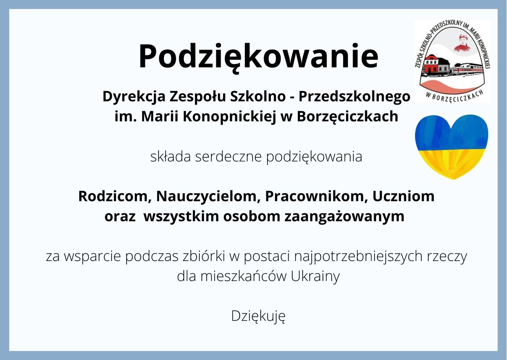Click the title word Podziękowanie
tap(258, 56)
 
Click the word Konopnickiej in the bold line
tap(229, 117)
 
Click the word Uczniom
tap(403, 196)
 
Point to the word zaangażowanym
tap(344, 217)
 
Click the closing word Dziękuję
tap(258, 317)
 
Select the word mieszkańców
tap(243, 277)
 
